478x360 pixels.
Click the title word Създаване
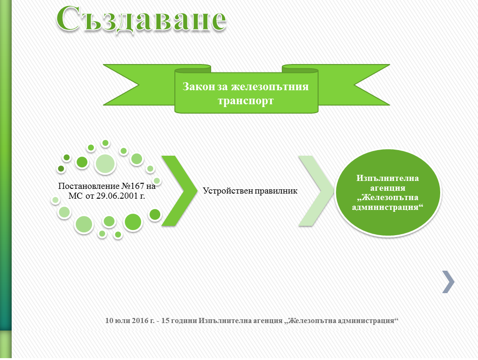pyautogui.click(x=142, y=18)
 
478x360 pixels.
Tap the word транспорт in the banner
pyautogui.click(x=246, y=101)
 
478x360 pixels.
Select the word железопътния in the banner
pyautogui.click(x=270, y=86)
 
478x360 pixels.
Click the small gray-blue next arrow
pyautogui.click(x=449, y=282)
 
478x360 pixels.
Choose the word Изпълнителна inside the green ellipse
pyautogui.click(x=388, y=178)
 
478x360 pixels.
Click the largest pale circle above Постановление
pyautogui.click(x=105, y=164)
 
